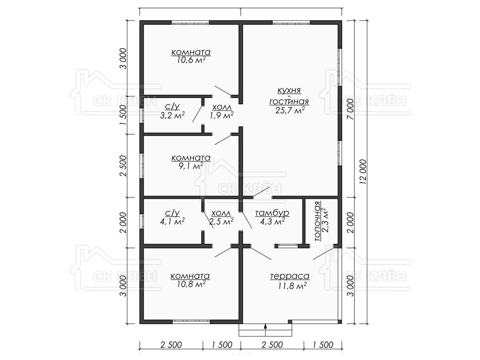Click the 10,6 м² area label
(191, 60)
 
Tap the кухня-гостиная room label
(289, 96)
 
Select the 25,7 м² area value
(290, 110)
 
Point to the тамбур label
(272, 213)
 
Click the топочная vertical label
(318, 221)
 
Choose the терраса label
(290, 276)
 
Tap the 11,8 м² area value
(292, 286)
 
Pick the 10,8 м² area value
(191, 284)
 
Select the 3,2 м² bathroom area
(172, 115)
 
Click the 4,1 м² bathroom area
(172, 222)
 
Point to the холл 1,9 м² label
(222, 111)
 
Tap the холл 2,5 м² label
(221, 217)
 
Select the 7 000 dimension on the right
(350, 109)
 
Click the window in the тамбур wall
(286, 246)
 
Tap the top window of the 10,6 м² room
(190, 22)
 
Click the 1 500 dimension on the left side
(123, 115)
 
